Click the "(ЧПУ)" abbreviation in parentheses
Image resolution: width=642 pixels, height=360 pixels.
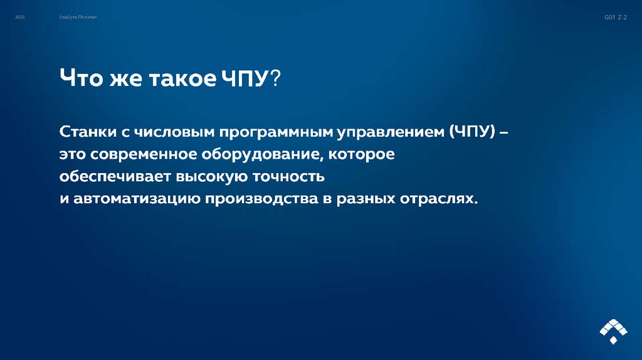click(x=472, y=133)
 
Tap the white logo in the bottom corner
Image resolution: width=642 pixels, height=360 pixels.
click(x=613, y=331)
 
